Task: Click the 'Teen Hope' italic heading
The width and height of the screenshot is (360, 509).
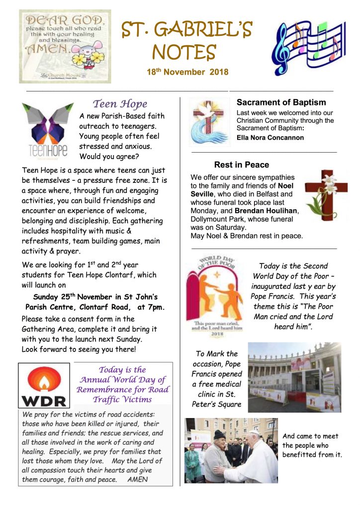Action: tap(120, 104)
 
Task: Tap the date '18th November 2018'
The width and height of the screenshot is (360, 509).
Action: tap(187, 72)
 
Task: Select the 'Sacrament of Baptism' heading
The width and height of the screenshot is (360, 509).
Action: tap(281, 103)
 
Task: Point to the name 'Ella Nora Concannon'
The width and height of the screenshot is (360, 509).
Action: tap(270, 138)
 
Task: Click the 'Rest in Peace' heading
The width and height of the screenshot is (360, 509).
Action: tap(242, 165)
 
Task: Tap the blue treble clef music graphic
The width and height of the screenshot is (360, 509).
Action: tap(307, 47)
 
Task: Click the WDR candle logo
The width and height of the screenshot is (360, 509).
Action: tap(45, 385)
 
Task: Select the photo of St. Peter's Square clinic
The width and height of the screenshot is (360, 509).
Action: tap(294, 377)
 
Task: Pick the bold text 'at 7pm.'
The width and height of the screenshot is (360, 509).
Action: tap(149, 307)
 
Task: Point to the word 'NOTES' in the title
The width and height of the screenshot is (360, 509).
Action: tap(184, 52)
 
